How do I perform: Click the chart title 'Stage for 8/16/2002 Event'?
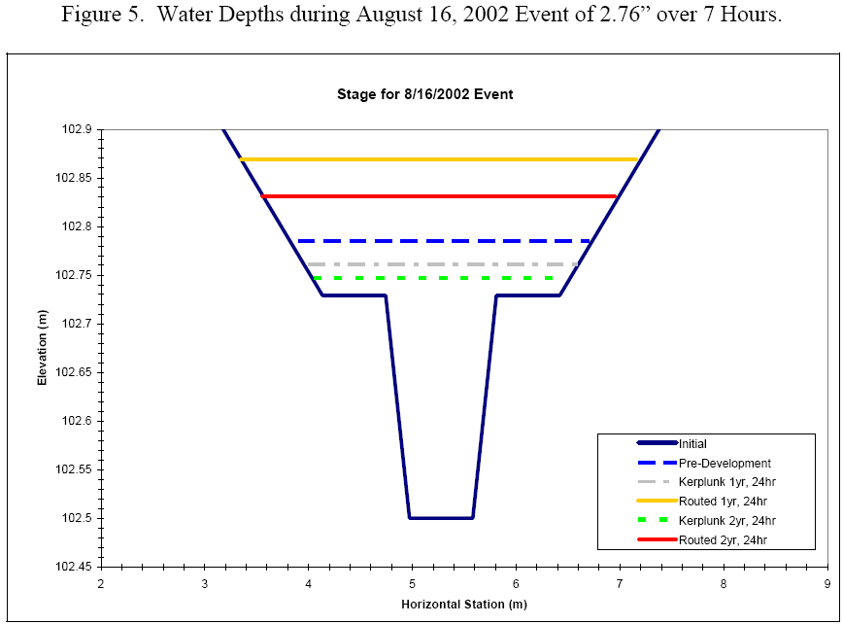click(x=424, y=94)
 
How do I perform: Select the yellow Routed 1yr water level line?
click(x=437, y=159)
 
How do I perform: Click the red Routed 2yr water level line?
click(x=437, y=196)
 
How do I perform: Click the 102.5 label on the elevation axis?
click(x=76, y=518)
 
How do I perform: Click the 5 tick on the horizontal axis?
click(x=412, y=583)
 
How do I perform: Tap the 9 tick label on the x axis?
click(x=826, y=583)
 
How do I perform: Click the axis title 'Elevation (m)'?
click(x=43, y=348)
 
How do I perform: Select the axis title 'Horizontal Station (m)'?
click(x=463, y=605)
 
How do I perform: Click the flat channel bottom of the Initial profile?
click(x=441, y=518)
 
